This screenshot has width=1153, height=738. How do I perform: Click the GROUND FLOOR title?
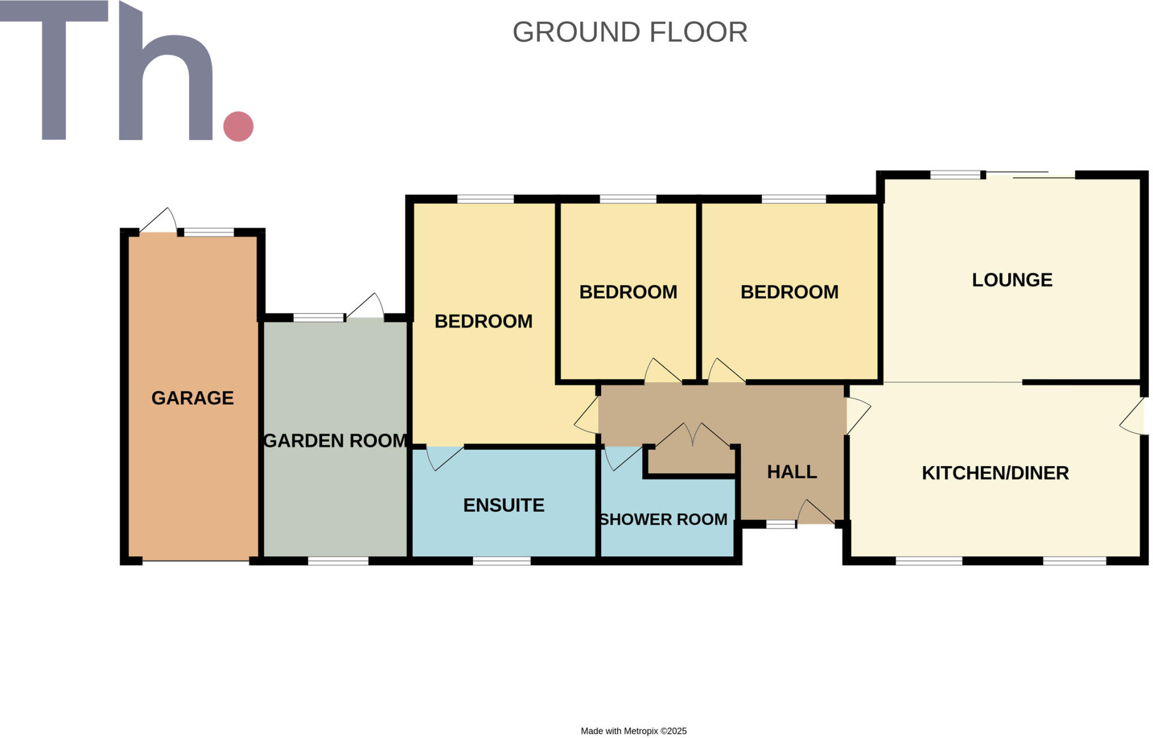tap(629, 32)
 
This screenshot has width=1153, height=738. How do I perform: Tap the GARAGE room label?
tap(193, 398)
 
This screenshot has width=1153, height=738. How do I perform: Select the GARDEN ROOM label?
tap(336, 440)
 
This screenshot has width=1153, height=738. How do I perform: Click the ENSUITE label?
tap(503, 505)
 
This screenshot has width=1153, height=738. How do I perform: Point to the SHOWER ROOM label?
tap(663, 519)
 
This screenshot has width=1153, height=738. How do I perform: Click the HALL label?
tap(792, 472)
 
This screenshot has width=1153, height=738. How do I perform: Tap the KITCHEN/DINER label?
tap(995, 473)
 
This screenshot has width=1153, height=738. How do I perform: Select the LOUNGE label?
tap(1012, 280)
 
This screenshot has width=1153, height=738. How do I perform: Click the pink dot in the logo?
tap(238, 126)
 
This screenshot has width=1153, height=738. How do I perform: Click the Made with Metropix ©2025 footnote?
tap(633, 731)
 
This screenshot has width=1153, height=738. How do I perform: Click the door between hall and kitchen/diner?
tap(857, 415)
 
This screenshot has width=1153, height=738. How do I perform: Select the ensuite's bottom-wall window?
tap(501, 561)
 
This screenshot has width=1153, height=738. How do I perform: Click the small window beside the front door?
tap(781, 524)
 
